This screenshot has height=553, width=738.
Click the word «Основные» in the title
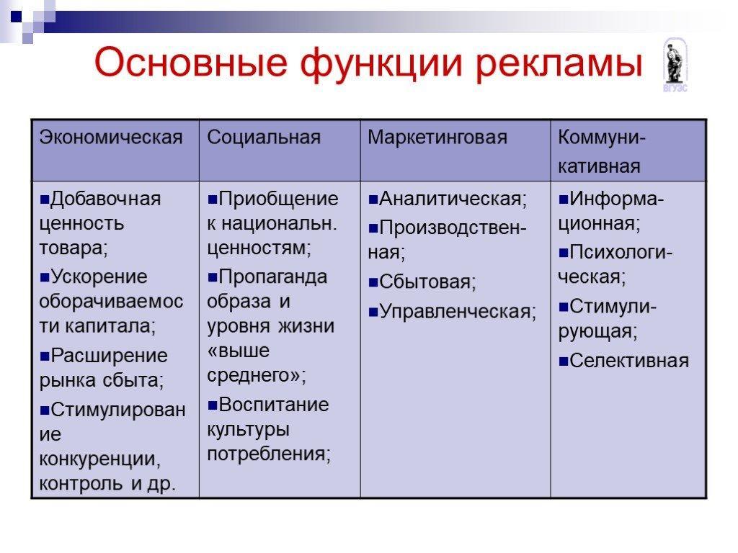coord(190,63)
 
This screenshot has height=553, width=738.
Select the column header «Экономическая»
coord(111,138)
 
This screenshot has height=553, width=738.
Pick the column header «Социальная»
coord(264,138)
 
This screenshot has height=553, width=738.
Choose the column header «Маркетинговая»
coord(437,138)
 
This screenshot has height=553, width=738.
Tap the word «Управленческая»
coord(455,311)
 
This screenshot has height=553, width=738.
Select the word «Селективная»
coord(629,361)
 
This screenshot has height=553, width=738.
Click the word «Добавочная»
coord(106,199)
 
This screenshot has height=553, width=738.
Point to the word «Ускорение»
coord(99,277)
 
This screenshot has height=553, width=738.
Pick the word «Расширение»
coord(110,356)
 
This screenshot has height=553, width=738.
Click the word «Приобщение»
coord(279,199)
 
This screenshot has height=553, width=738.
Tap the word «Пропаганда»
coord(273,277)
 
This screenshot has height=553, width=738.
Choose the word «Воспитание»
coord(274,405)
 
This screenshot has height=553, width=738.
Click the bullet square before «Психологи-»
coord(564,253)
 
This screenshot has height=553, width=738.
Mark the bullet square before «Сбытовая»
coord(373,282)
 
